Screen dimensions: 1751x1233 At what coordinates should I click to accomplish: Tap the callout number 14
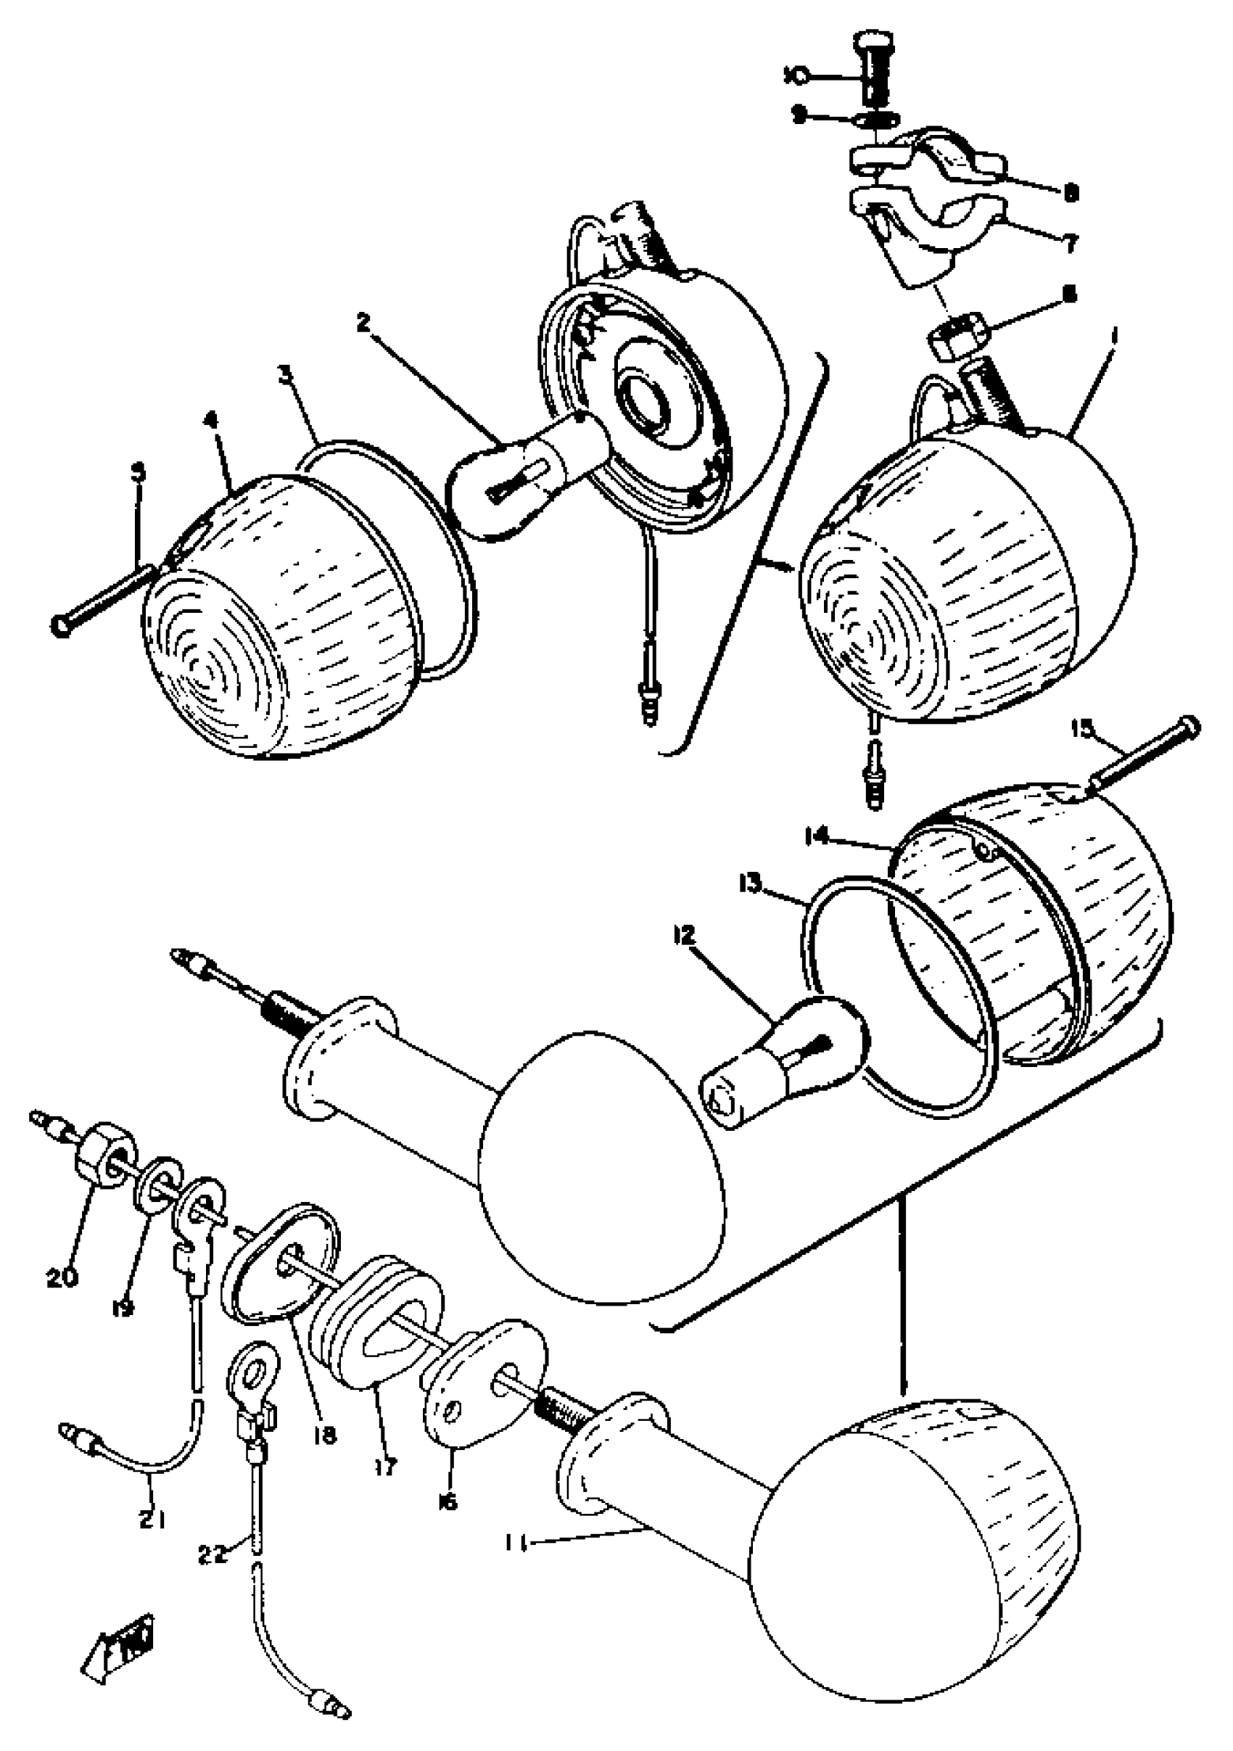pyautogui.click(x=818, y=837)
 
